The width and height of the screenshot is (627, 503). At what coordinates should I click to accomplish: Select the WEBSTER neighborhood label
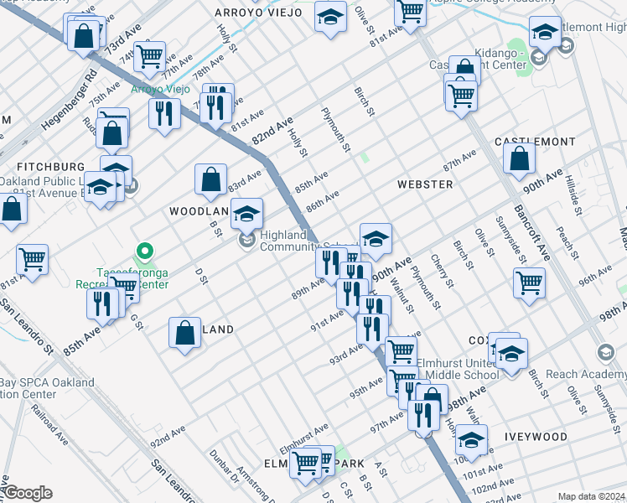pyautogui.click(x=425, y=184)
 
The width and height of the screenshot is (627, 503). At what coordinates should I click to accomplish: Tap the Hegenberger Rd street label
pyautogui.click(x=65, y=102)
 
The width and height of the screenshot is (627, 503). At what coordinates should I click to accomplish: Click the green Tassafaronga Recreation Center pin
pyautogui.click(x=145, y=251)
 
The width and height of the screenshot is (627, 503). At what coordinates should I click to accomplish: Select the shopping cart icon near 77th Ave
pyautogui.click(x=150, y=56)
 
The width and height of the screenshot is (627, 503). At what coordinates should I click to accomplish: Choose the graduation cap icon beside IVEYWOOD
pyautogui.click(x=472, y=438)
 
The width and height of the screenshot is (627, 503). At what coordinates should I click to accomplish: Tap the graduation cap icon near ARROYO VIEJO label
pyautogui.click(x=331, y=16)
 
